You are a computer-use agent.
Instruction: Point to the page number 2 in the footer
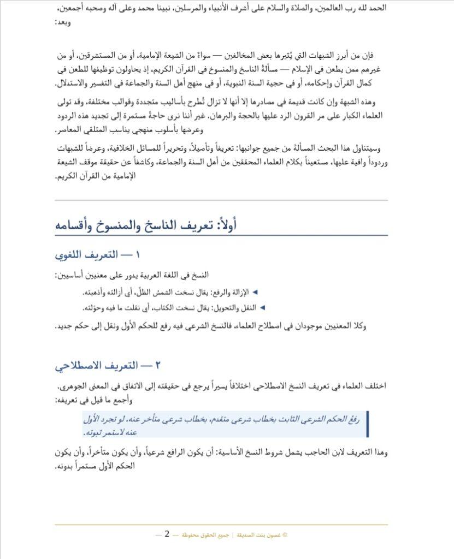[x=167, y=534]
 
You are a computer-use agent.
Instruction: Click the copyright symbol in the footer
[x=285, y=535]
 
